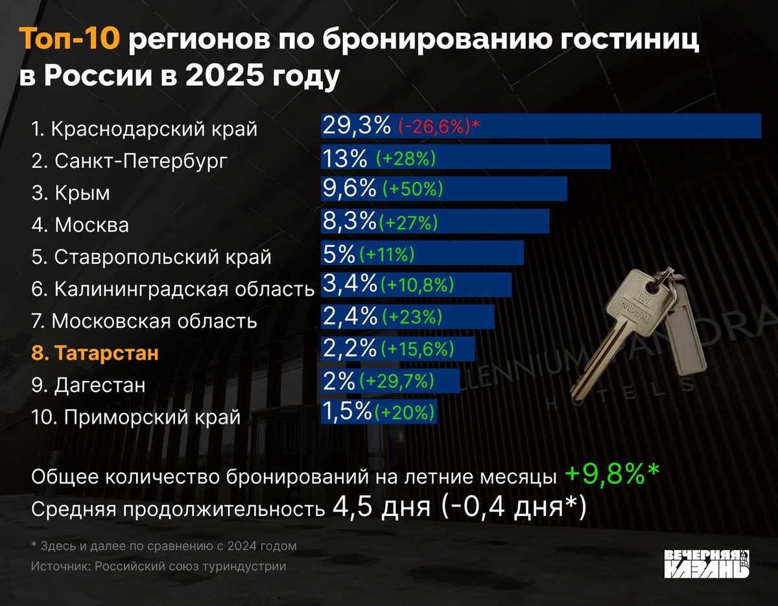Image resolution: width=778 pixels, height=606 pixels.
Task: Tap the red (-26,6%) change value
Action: (x=434, y=126)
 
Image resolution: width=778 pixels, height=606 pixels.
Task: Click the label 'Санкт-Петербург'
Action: (x=141, y=161)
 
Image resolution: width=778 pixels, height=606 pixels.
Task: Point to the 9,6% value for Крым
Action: (x=349, y=189)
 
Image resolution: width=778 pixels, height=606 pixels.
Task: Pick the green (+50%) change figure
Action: (x=412, y=189)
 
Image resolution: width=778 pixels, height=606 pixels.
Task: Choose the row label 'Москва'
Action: (x=91, y=225)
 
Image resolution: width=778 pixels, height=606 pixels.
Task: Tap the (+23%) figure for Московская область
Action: (x=412, y=317)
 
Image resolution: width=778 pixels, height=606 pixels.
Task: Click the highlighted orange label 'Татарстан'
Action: (x=106, y=353)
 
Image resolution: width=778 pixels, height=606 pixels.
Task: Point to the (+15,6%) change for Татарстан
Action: (x=417, y=349)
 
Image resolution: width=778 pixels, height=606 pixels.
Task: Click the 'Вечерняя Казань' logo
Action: (x=707, y=563)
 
